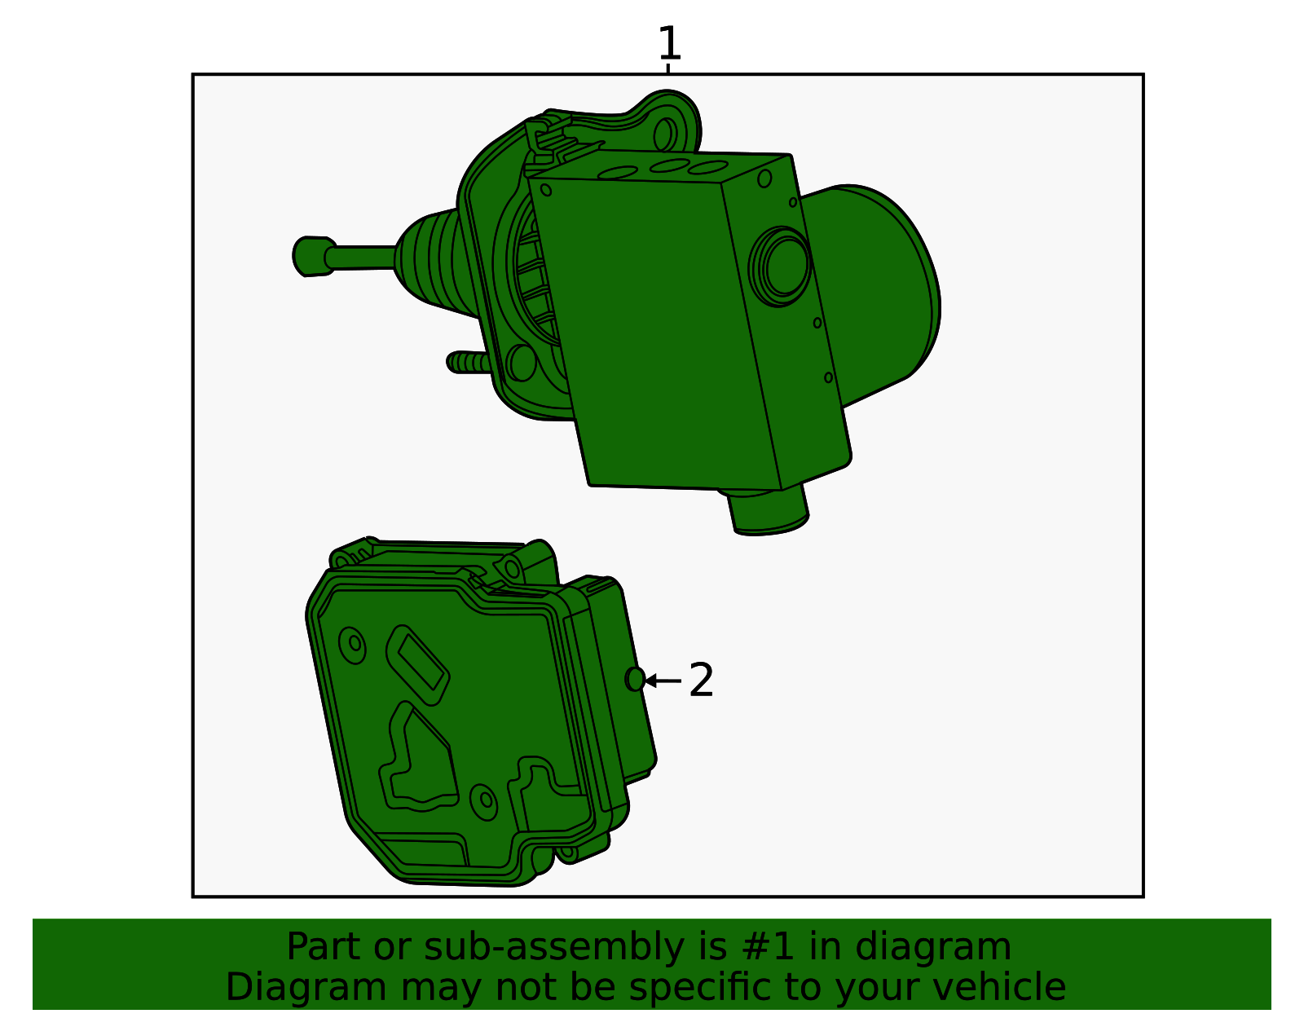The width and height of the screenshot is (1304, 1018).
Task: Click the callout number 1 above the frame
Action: [668, 44]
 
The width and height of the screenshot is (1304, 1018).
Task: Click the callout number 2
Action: [701, 680]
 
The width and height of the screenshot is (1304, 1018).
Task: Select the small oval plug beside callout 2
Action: [635, 679]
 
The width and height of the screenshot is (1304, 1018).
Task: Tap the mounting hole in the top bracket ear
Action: [664, 134]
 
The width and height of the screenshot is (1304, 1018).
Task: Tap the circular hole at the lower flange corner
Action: [521, 363]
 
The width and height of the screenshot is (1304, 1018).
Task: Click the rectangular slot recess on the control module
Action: [417, 663]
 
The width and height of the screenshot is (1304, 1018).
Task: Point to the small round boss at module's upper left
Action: [354, 644]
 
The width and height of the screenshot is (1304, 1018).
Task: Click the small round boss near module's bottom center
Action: [484, 800]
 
